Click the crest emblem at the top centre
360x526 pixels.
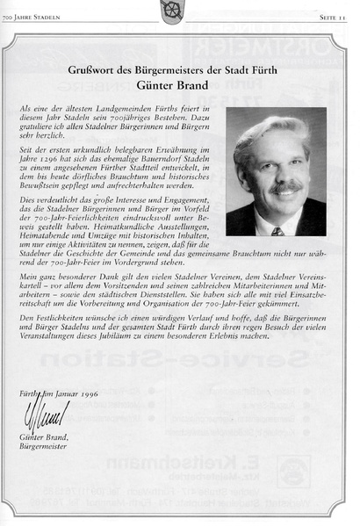coord(178,9)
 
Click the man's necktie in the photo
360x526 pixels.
coord(277,230)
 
